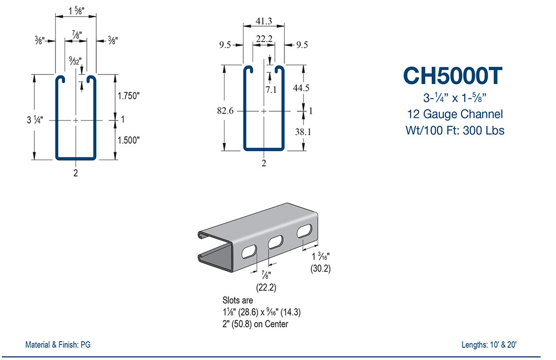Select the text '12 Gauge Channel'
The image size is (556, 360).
(455, 115)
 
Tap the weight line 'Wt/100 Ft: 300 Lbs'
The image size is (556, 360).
(455, 131)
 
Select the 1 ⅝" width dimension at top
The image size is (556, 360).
(75, 9)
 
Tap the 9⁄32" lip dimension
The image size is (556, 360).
(73, 60)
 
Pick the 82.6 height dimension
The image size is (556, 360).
(225, 110)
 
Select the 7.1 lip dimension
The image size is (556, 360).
(271, 88)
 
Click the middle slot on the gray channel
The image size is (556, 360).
(275, 243)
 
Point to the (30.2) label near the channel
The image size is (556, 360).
(320, 268)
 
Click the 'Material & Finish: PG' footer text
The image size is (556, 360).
(58, 344)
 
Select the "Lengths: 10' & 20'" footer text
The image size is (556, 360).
(489, 344)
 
